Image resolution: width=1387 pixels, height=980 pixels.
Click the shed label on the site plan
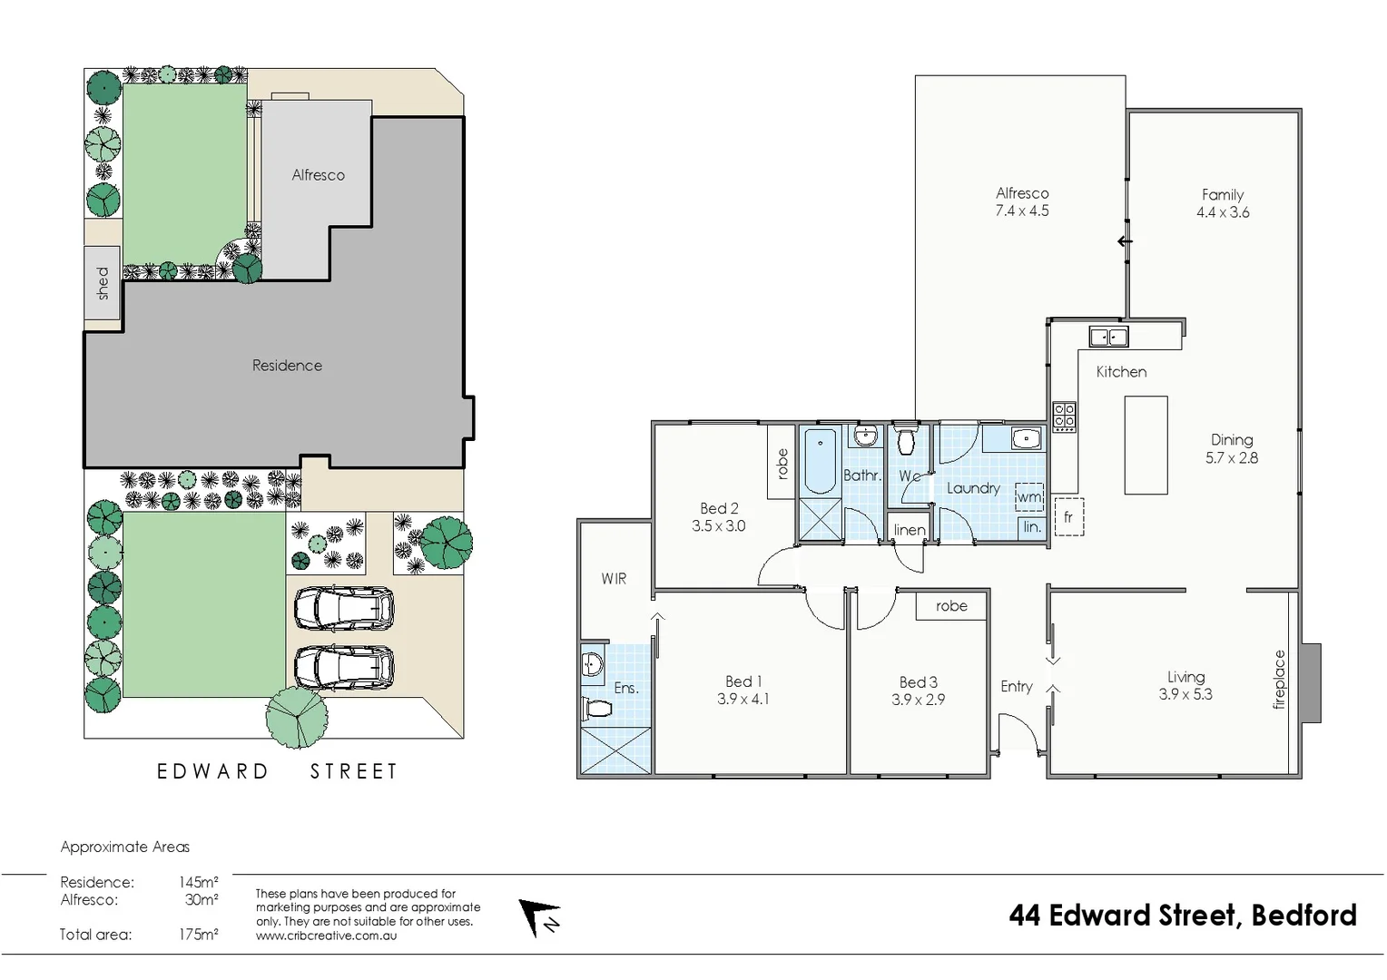tap(103, 283)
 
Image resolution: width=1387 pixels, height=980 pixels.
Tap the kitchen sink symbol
tap(1108, 337)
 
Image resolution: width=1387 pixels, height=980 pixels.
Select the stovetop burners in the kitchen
tap(1064, 416)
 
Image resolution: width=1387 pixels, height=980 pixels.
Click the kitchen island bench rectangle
tap(1146, 446)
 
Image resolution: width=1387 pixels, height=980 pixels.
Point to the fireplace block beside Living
tap(1311, 682)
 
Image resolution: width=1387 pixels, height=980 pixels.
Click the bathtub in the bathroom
tap(821, 462)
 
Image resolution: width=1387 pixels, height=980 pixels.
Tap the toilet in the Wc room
tap(905, 441)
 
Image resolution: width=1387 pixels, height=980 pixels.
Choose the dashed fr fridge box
tap(1068, 517)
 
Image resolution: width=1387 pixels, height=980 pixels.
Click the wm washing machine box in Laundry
tap(1028, 497)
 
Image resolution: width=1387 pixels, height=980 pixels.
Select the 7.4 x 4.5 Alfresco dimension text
tap(1022, 211)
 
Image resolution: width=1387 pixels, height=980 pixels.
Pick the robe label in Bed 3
tap(951, 606)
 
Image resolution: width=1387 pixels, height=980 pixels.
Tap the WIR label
tap(614, 579)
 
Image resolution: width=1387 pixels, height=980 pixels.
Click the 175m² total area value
tap(198, 935)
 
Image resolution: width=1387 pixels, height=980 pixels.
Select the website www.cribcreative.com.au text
tap(327, 936)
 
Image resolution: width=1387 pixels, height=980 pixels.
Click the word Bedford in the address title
tap(1303, 916)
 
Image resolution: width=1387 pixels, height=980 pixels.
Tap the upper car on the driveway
tap(344, 608)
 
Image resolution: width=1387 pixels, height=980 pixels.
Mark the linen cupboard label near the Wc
tap(910, 530)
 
